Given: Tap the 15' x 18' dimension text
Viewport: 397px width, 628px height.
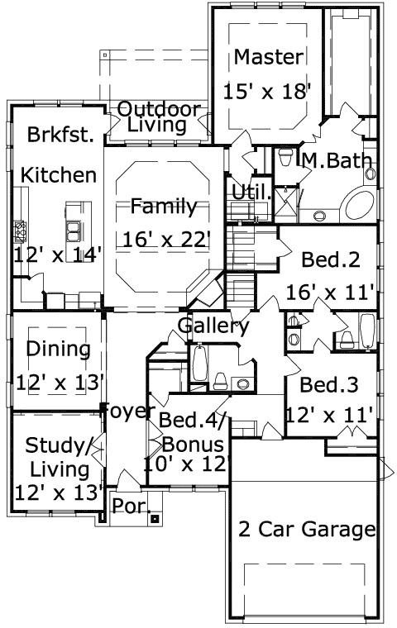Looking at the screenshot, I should tap(266, 91).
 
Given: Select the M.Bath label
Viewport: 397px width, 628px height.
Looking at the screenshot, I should tap(336, 160).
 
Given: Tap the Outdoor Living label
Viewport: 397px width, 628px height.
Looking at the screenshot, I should tap(158, 117).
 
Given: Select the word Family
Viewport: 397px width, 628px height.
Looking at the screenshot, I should tap(163, 206).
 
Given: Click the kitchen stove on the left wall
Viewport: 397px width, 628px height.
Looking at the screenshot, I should tap(17, 227).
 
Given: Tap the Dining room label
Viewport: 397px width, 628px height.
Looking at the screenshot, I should tap(58, 349).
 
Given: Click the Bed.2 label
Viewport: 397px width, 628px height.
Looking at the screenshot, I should tap(330, 259).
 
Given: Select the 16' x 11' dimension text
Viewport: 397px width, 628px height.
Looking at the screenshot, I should tap(331, 292).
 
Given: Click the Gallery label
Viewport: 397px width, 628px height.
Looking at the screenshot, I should tap(213, 326).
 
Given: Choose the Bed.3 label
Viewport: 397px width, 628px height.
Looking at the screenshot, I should tap(328, 384).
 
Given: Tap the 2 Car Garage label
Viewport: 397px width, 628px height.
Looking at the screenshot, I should tap(307, 529).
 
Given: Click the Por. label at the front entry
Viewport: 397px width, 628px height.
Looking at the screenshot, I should tap(128, 506).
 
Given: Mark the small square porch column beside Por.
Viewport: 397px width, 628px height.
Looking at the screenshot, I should tap(154, 519).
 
